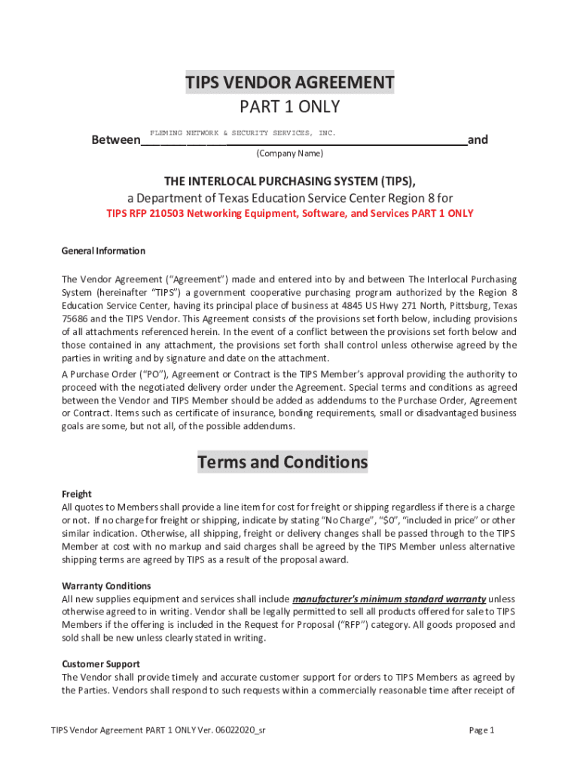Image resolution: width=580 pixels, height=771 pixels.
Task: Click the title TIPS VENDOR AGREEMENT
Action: click(x=290, y=82)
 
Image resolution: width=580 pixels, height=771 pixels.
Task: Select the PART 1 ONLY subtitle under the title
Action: click(x=290, y=107)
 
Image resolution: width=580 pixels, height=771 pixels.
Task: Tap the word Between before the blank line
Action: click(x=115, y=140)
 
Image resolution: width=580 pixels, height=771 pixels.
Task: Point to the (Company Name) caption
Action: click(x=290, y=154)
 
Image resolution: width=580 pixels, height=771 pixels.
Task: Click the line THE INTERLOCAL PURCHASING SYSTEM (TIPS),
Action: click(x=290, y=181)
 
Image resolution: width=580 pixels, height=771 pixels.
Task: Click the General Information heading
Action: click(x=103, y=251)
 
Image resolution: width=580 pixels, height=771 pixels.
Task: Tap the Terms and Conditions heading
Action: click(x=282, y=462)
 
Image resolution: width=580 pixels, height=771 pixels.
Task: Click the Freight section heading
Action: click(x=76, y=494)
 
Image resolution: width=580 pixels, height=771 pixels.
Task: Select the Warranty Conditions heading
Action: click(x=106, y=586)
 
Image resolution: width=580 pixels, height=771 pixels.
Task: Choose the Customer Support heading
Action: click(x=100, y=664)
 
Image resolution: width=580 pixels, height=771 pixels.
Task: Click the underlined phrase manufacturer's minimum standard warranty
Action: click(x=389, y=599)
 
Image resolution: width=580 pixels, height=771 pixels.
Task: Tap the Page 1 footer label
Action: click(x=481, y=730)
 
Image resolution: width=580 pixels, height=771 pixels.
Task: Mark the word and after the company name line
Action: click(x=478, y=140)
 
